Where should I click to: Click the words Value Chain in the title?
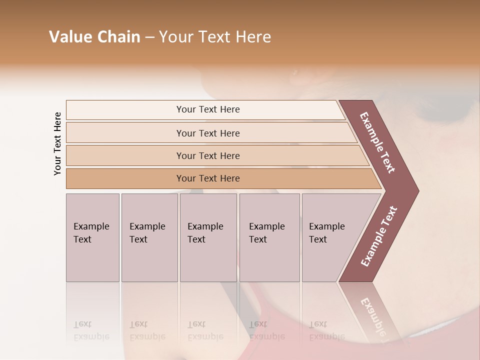94,37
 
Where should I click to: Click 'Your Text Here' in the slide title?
215,37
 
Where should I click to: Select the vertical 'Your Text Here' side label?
57,143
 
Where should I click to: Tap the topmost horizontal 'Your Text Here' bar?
207,109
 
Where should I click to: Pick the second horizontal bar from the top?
207,133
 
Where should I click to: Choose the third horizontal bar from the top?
207,155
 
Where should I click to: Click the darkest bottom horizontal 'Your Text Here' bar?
207,178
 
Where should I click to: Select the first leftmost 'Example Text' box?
92,237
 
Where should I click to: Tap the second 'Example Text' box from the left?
149,237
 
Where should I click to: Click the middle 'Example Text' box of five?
208,237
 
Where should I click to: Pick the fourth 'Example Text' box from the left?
269,237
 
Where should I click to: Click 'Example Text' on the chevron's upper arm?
378,142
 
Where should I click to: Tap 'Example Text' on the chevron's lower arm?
379,236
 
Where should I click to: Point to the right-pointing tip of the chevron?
416,191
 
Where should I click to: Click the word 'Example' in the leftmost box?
91,226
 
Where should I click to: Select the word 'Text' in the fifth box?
317,239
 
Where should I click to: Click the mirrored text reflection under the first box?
91,330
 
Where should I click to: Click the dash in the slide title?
149,37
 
